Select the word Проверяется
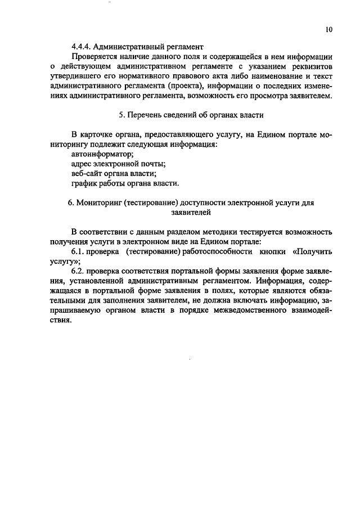pyautogui.click(x=96, y=57)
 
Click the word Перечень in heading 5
pyautogui.click(x=148, y=115)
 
